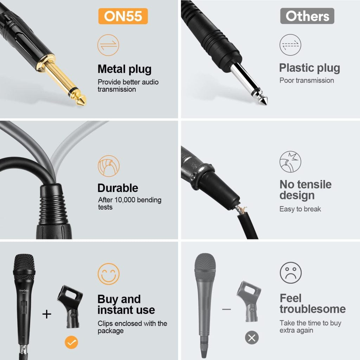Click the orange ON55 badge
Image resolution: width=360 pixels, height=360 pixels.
[x=123, y=16]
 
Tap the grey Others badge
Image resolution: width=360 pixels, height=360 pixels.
[x=307, y=16]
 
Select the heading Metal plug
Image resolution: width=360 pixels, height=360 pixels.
[x=124, y=69]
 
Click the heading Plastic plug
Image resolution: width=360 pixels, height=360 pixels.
[x=309, y=68]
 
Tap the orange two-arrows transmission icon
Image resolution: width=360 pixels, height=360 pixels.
[x=108, y=45]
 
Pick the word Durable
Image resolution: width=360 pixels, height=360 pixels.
[x=118, y=188]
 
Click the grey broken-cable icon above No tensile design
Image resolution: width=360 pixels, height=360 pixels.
[x=290, y=162]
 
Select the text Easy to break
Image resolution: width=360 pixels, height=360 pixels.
[x=300, y=209]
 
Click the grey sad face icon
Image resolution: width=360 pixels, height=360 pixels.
[x=291, y=273]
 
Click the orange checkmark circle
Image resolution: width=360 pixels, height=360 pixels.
[x=71, y=342]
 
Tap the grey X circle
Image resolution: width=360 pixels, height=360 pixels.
[x=252, y=338]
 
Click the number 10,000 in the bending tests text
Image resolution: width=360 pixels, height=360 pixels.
[x=129, y=200]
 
